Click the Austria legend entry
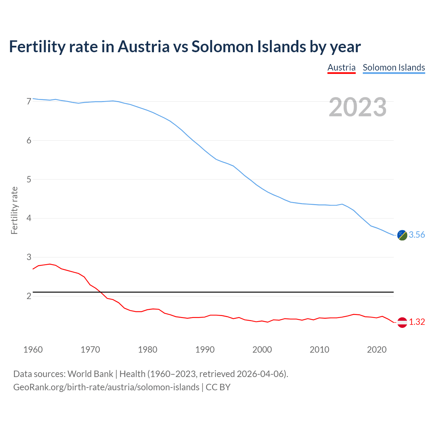[x=341, y=67]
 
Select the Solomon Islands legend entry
[x=394, y=67]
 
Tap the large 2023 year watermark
[x=358, y=107]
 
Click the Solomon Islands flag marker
[x=402, y=235]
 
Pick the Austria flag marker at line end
[x=402, y=322]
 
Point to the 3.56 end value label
[x=417, y=235]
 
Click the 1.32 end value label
[x=417, y=322]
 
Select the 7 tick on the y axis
[x=29, y=102]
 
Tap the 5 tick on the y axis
[x=29, y=179]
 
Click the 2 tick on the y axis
[x=29, y=296]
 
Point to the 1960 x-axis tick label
[x=33, y=350]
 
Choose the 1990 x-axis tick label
[x=205, y=350]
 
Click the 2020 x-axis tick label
[x=377, y=350]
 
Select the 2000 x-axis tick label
[x=262, y=350]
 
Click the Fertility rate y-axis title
[x=14, y=210]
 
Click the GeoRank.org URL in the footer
[x=106, y=387]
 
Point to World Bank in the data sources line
[x=90, y=374]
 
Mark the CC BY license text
[x=218, y=387]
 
